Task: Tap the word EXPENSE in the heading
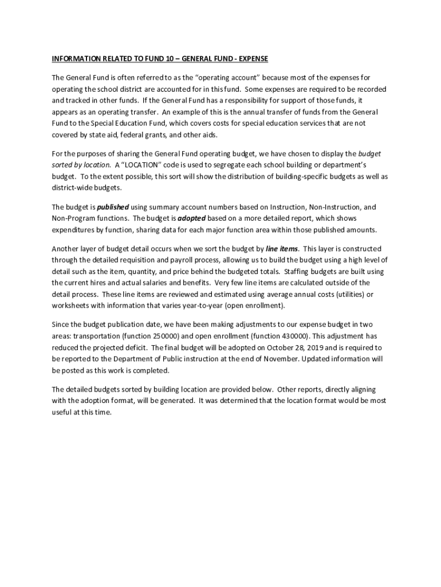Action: point(251,58)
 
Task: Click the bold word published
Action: point(113,206)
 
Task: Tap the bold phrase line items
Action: point(282,249)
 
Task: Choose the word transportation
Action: point(93,336)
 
